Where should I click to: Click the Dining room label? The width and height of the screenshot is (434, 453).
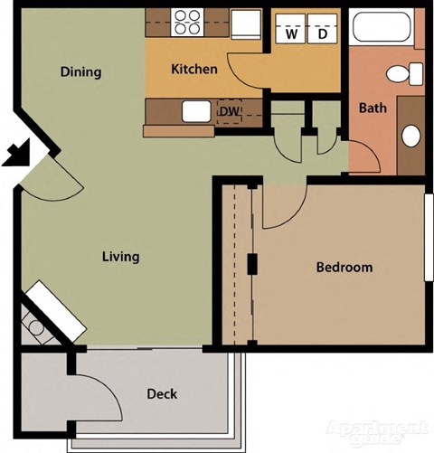tap(80, 72)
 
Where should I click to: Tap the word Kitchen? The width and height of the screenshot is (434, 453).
tap(194, 69)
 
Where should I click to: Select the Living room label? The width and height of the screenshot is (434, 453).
tap(120, 257)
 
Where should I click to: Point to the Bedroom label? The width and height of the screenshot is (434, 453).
tap(344, 268)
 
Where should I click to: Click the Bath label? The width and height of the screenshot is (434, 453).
tap(373, 109)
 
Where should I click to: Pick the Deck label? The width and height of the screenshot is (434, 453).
tap(162, 394)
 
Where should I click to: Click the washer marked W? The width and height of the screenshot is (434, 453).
tap(292, 34)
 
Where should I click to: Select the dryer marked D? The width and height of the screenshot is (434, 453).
tap(322, 34)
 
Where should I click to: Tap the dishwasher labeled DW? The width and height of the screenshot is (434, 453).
tap(230, 110)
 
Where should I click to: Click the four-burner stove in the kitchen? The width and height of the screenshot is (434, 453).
tap(186, 22)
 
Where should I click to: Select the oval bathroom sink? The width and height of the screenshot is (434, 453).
tap(411, 137)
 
